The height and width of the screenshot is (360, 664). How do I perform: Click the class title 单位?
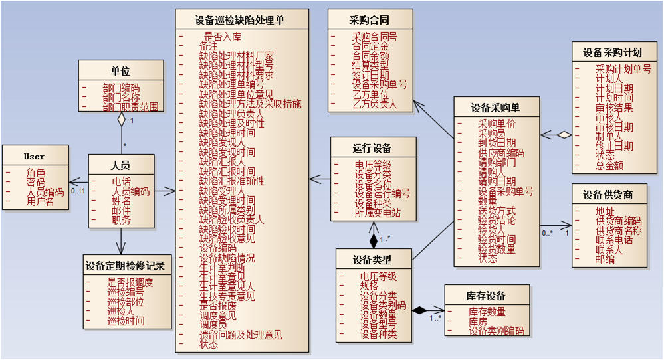tap(120, 70)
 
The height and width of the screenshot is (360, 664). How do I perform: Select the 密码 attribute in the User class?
tap(35, 182)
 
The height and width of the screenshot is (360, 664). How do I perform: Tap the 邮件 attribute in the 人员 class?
tap(121, 211)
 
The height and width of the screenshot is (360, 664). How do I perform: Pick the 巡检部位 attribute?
tap(125, 301)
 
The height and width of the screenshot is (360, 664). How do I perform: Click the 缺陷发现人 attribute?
tap(222, 142)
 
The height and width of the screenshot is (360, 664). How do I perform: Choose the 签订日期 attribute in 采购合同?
tap(370, 75)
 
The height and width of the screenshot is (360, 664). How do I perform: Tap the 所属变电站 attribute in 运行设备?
tap(377, 213)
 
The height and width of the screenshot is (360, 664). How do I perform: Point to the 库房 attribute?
tap(478, 321)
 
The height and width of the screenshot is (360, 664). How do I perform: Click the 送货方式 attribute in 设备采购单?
tap(497, 211)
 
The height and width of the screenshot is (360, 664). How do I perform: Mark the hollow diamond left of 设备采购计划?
tap(564, 134)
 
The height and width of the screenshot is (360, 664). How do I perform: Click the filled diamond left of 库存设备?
tap(418, 310)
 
